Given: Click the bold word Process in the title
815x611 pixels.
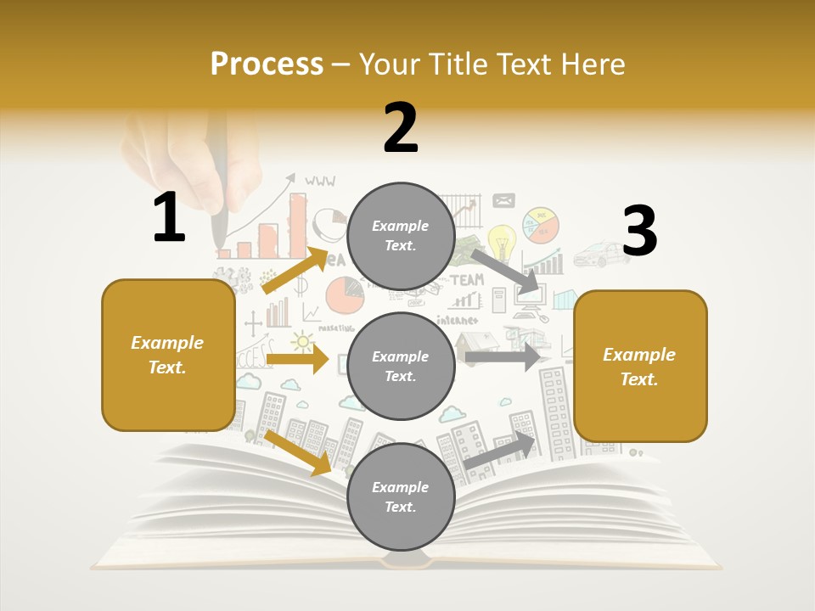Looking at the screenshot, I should pos(267,64).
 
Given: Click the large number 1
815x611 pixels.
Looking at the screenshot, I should pos(169,218).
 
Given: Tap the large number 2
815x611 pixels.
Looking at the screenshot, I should pos(401,128).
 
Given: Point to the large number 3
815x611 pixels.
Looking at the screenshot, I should pos(639,231).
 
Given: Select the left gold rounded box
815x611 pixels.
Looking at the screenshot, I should pos(168,355).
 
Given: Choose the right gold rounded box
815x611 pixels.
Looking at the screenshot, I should pos(640,366).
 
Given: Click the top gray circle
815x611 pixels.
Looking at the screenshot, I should pos(401,236).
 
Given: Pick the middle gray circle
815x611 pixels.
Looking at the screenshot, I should pos(401,366).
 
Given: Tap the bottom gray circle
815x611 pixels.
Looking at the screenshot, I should pos(401,496).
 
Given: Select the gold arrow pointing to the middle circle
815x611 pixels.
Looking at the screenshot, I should pos(297,359).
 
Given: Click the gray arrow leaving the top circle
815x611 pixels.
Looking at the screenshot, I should pos(505,271).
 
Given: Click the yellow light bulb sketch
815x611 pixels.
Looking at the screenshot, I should pos(501,241).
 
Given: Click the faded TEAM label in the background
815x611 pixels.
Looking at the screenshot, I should pos(466,279).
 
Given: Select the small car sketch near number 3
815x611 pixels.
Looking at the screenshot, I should pos(601,252).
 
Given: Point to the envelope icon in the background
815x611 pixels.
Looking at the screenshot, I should pos(503,201).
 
